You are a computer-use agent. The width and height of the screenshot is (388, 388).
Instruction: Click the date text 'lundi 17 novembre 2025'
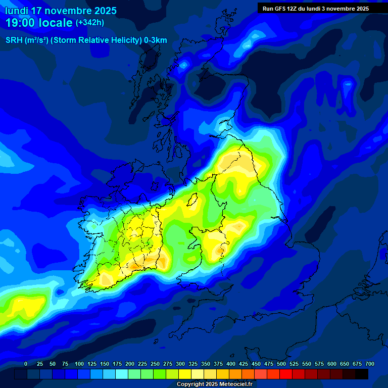[61, 11]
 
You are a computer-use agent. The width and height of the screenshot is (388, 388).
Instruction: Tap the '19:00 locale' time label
[39, 23]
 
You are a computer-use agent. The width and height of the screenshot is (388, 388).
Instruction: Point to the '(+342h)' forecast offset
[90, 23]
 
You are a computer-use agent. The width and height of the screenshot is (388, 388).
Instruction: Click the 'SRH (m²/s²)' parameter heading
[27, 40]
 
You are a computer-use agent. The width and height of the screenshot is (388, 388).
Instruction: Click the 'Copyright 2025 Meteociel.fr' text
[214, 384]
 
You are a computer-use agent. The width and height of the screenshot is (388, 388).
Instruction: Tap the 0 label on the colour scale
[26, 364]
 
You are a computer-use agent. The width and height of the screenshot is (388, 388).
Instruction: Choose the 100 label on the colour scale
[79, 364]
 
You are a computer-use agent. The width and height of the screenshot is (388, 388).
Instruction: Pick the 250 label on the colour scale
[155, 364]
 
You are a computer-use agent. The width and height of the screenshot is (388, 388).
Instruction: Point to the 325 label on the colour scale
[193, 364]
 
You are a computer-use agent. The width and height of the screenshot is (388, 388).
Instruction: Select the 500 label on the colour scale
[281, 364]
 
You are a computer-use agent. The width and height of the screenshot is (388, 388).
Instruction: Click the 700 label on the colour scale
[369, 364]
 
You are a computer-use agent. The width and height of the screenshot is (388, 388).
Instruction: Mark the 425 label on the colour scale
[244, 364]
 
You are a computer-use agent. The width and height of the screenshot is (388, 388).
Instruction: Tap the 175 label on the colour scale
[117, 364]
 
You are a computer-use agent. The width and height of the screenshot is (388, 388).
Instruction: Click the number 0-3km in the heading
[156, 40]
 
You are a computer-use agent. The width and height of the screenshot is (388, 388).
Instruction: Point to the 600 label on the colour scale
[332, 364]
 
